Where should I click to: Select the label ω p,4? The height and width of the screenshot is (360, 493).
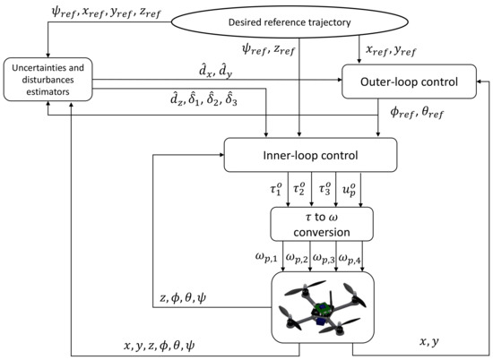click(x=359, y=261)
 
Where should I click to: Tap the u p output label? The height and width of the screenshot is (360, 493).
click(x=350, y=192)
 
